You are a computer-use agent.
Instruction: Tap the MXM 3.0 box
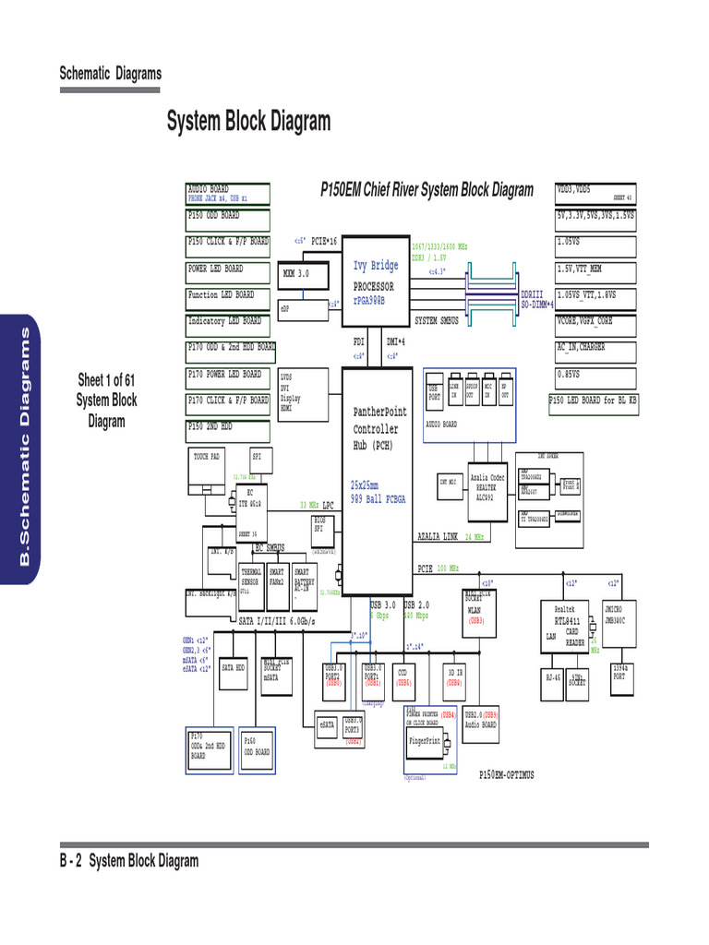(x=298, y=274)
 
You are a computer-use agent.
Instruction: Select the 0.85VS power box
(x=595, y=376)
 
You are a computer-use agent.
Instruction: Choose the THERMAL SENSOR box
(x=252, y=578)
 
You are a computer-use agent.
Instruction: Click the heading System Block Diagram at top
(x=247, y=122)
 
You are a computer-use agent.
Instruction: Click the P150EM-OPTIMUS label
(x=506, y=775)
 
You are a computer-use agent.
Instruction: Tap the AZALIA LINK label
(x=439, y=536)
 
